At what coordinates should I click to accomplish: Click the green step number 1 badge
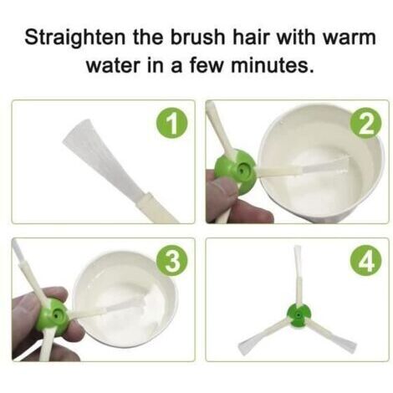point(171,124)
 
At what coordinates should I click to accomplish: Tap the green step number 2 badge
point(366,123)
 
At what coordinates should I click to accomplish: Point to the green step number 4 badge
point(366,262)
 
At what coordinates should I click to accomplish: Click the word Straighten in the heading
point(75,38)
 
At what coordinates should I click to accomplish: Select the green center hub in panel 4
point(298,315)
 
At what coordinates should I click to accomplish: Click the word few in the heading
point(207,66)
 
